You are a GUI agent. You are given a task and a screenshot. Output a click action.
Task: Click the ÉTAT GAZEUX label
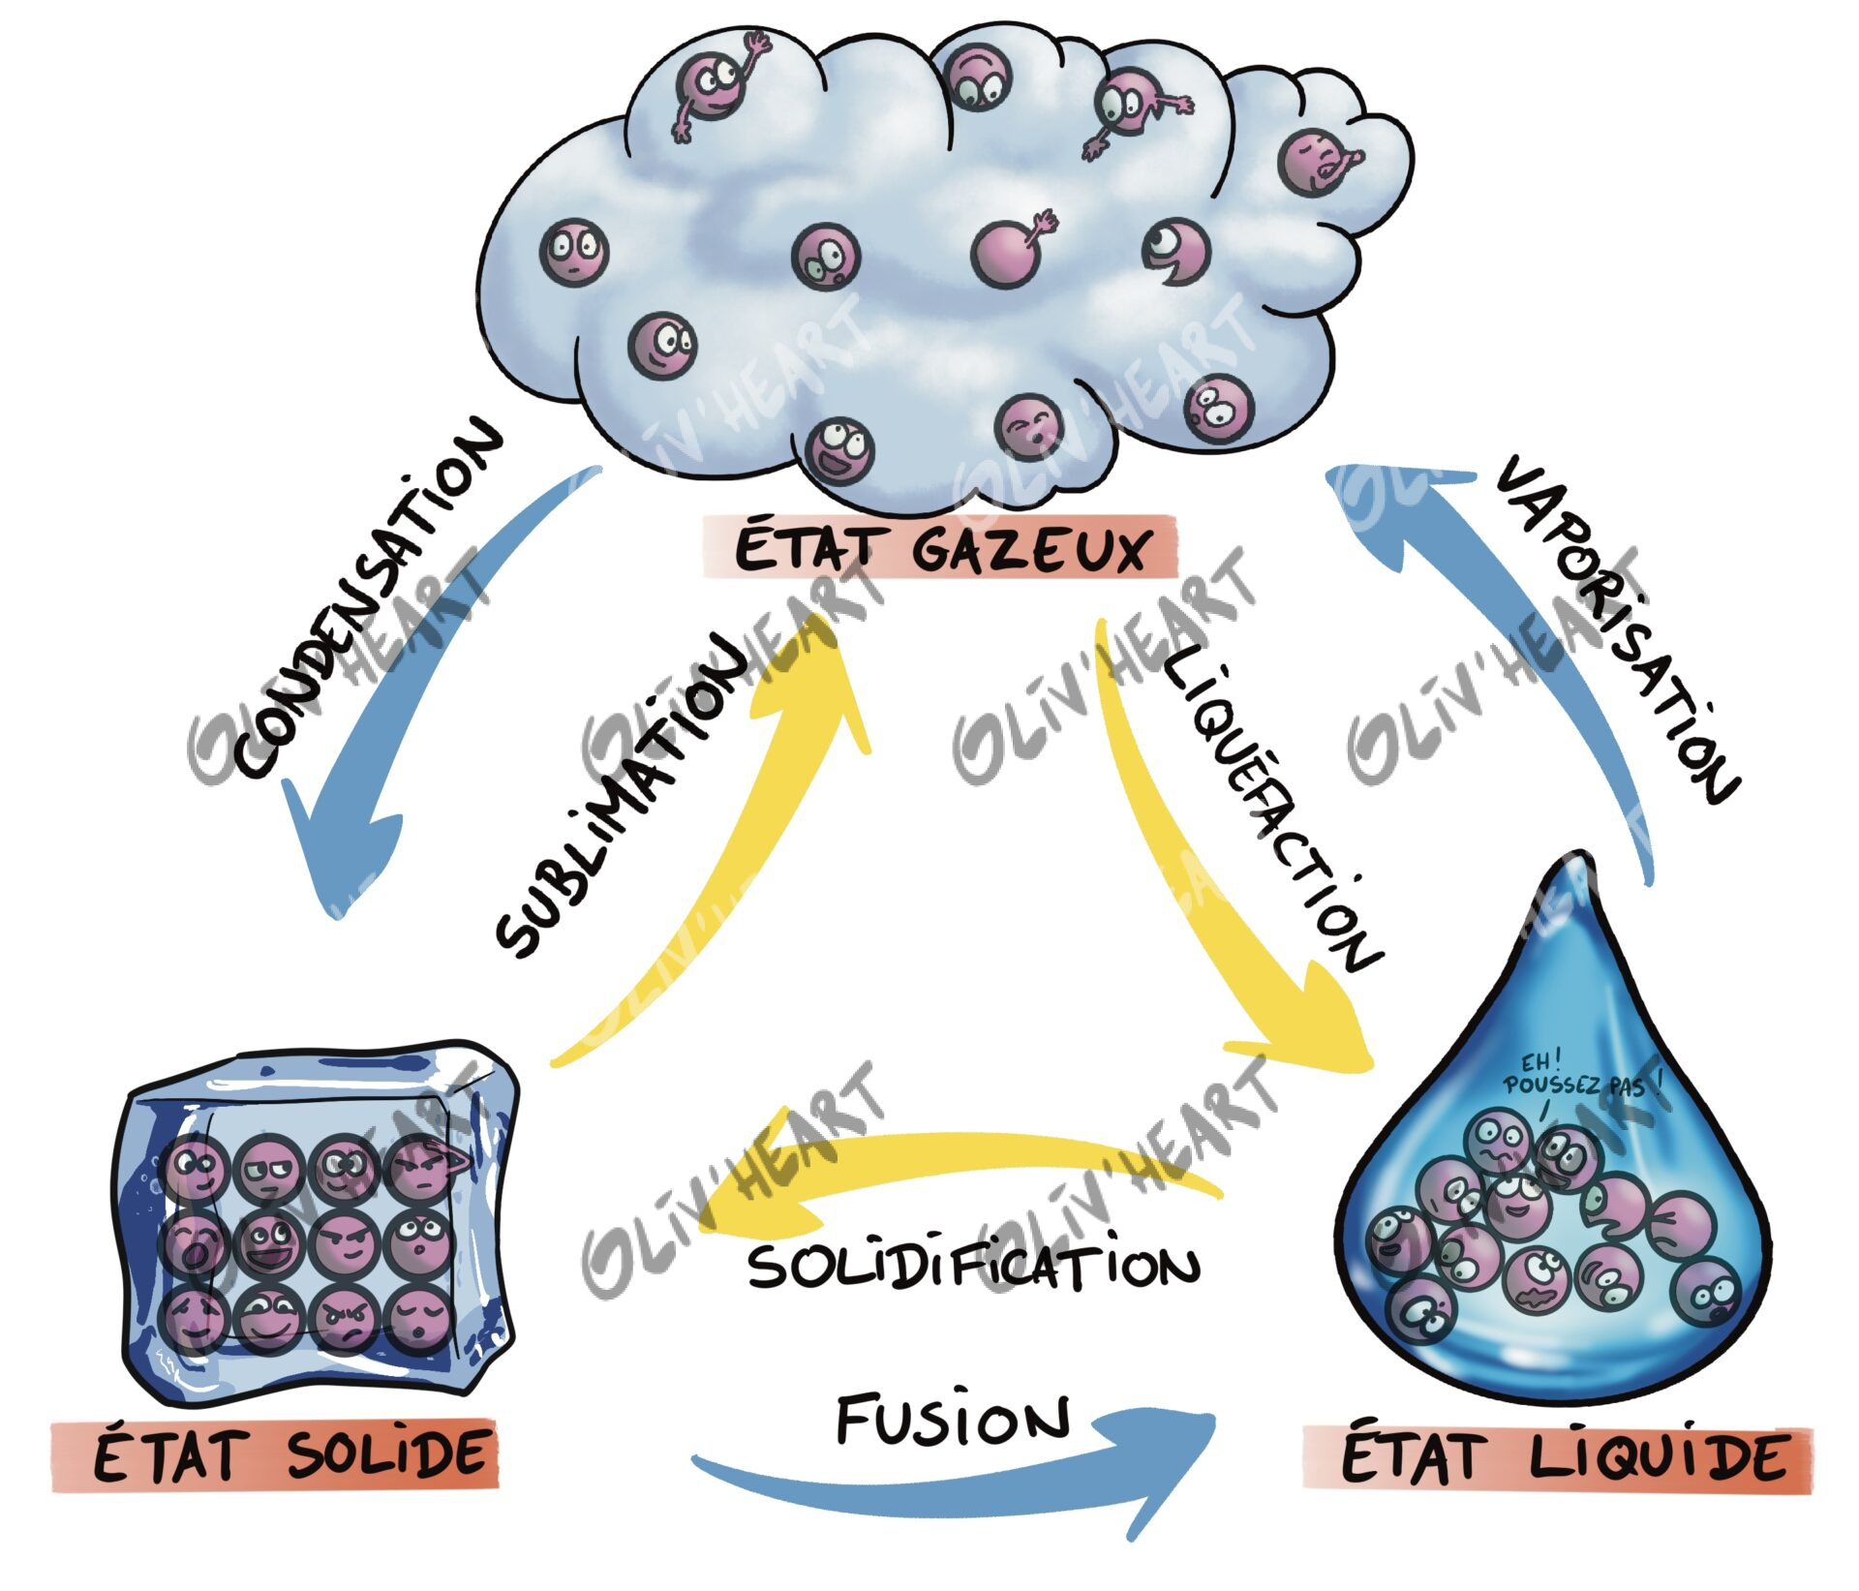click(x=939, y=549)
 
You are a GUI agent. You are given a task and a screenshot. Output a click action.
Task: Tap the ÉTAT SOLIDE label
click(x=275, y=1454)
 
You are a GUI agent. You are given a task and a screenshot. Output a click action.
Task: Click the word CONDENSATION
click(x=368, y=600)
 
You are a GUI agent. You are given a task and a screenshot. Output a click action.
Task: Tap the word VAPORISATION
click(x=1617, y=629)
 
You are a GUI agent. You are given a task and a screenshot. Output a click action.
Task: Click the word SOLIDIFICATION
click(x=973, y=1267)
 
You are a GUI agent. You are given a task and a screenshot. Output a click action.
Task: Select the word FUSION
click(x=954, y=1420)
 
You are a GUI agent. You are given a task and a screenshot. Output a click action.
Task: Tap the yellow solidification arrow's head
click(x=736, y=1206)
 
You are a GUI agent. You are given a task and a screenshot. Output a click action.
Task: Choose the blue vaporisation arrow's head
click(x=1375, y=504)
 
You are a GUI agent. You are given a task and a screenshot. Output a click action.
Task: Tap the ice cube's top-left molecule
click(x=196, y=1167)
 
